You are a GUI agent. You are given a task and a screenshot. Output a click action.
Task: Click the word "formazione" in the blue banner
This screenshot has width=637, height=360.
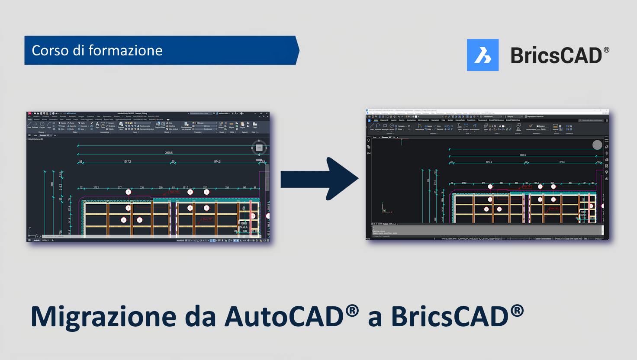125,51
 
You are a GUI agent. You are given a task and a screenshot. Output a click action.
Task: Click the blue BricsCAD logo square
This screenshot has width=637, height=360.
483,55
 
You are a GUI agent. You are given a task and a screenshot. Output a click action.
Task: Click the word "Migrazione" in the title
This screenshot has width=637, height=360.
104,317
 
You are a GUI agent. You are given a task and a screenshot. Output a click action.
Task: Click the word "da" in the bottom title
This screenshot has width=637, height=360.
200,317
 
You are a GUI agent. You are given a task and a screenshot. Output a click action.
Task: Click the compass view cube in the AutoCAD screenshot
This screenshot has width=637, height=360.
259,148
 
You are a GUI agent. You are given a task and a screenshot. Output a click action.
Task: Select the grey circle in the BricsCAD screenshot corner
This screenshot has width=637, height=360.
597,145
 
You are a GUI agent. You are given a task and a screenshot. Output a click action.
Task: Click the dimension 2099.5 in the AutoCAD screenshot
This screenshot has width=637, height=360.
169,153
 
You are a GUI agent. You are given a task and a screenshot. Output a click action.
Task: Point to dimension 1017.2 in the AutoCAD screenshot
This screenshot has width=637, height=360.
127,162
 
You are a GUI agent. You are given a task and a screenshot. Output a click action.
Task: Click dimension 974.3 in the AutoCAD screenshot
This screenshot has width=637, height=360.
217,162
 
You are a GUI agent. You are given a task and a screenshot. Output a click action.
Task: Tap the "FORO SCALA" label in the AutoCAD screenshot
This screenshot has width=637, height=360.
244,225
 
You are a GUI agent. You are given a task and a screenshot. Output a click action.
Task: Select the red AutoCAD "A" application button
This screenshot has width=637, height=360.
29,113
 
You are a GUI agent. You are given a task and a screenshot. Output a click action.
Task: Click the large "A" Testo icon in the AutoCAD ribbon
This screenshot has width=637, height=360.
97,125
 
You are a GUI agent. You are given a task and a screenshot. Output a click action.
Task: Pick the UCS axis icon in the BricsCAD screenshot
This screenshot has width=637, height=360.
385,210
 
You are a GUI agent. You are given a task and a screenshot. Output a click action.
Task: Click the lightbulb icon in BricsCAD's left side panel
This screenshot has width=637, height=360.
369,141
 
